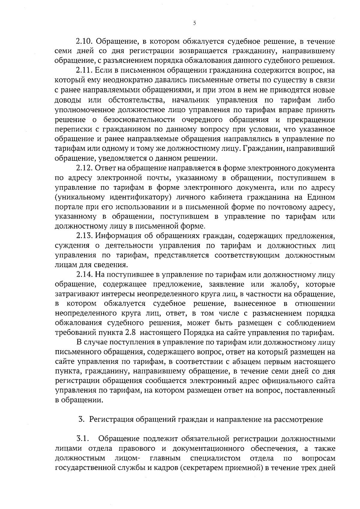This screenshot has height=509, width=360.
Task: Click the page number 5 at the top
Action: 194,23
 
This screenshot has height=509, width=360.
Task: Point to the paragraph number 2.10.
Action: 85,41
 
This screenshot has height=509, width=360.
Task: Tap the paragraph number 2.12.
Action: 85,168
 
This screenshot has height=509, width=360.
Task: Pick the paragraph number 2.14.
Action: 85,274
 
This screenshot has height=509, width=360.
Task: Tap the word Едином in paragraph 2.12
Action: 321,197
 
